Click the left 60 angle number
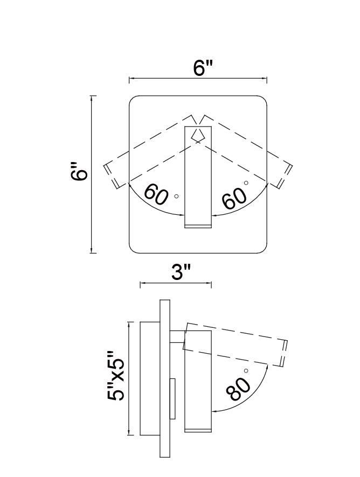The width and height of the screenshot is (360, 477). click(156, 194)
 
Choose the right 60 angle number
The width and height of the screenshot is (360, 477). click(235, 199)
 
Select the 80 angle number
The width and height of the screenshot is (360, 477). click(239, 388)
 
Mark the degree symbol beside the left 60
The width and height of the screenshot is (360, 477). click(177, 197)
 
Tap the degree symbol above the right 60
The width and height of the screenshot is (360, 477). click(246, 183)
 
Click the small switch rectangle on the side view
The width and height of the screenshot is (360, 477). click(173, 399)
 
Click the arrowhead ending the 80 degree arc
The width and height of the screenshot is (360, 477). click(214, 411)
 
